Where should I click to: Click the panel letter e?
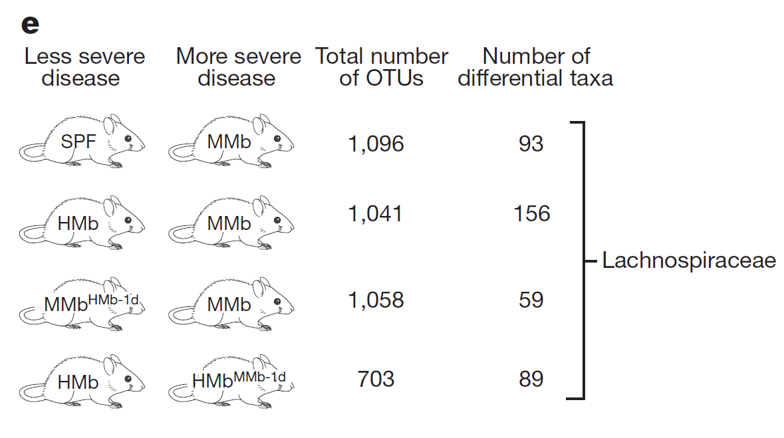(x=31, y=25)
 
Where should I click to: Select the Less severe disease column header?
(x=84, y=67)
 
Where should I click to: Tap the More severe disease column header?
(x=238, y=67)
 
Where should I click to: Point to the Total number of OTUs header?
(x=382, y=67)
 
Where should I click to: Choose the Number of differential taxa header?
(x=535, y=67)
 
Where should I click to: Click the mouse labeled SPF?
(x=83, y=143)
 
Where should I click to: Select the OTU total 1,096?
(x=376, y=144)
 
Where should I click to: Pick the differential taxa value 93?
(x=531, y=144)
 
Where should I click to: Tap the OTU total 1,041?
(x=376, y=213)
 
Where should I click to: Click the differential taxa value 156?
(x=531, y=213)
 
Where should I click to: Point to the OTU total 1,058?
(x=376, y=300)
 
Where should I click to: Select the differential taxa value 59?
(x=531, y=300)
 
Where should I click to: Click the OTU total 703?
(x=376, y=379)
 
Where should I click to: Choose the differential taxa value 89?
(x=531, y=379)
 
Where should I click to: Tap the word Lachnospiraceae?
(x=689, y=261)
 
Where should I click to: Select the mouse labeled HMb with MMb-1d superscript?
(x=233, y=381)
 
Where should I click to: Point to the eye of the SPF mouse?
(x=129, y=139)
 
